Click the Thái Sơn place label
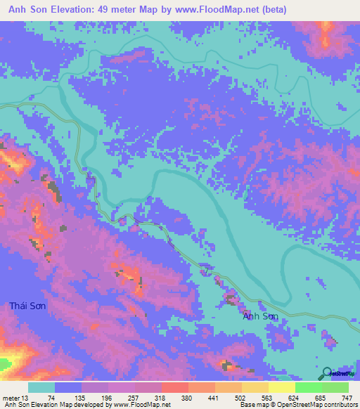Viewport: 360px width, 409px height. coord(28,306)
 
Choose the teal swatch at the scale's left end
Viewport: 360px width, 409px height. coord(41,388)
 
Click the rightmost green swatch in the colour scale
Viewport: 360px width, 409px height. coord(335,388)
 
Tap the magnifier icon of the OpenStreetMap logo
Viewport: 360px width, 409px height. coord(327,372)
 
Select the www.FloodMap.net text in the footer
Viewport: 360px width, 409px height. coord(141,404)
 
